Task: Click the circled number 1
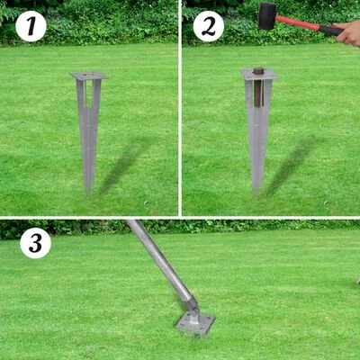click(x=31, y=27)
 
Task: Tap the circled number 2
click(x=209, y=27)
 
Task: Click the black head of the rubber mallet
click(x=267, y=15)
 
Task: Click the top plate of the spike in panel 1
click(x=89, y=76)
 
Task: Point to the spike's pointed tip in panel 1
click(x=88, y=188)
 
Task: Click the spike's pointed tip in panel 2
click(x=258, y=189)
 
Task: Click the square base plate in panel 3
click(x=195, y=322)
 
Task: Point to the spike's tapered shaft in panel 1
click(x=88, y=135)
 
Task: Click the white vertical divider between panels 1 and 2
click(x=180, y=108)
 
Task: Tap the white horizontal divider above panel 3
click(x=180, y=218)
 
